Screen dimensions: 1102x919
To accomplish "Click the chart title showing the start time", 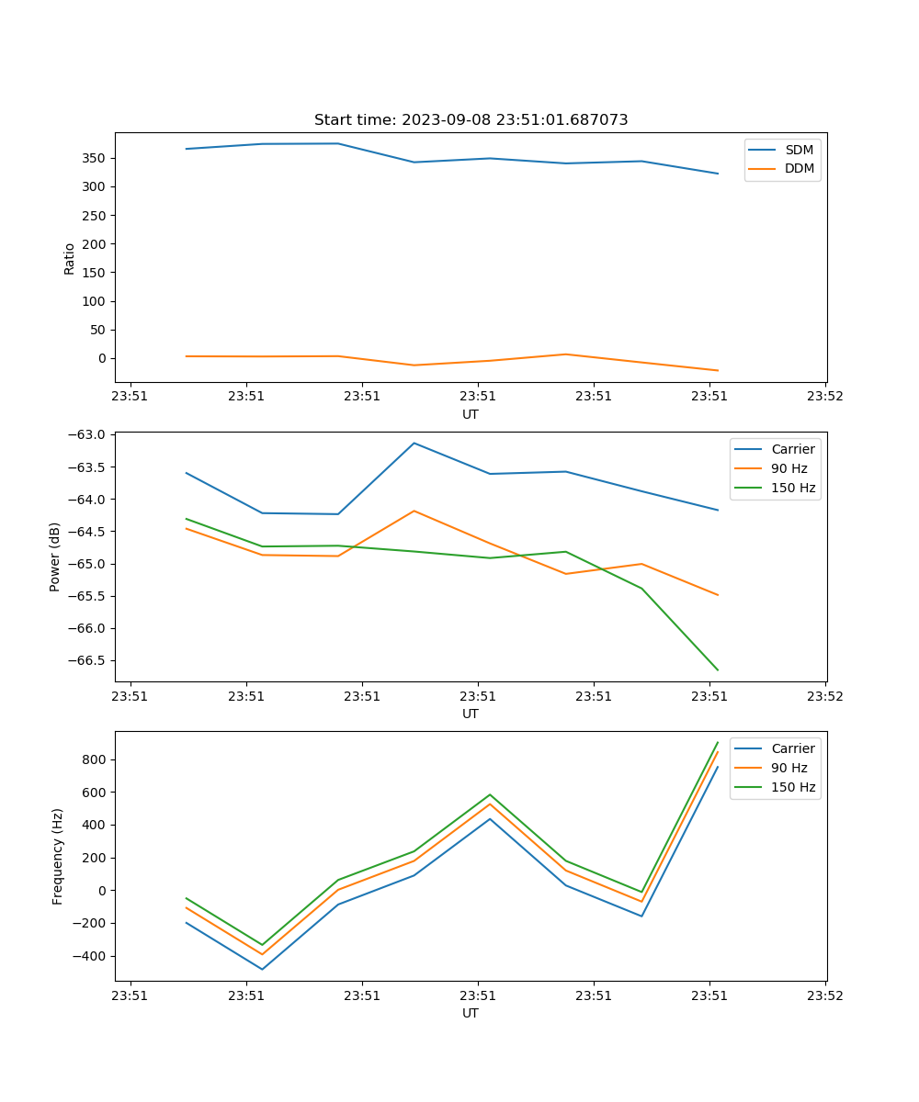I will tap(471, 120).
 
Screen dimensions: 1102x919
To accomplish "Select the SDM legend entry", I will tap(799, 150).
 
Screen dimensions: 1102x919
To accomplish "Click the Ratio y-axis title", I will tap(70, 258).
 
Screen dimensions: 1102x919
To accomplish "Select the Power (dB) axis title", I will tap(56, 557).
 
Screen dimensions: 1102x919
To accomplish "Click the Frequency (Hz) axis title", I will tap(58, 856).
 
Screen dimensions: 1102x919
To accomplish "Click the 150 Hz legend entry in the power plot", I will tap(793, 488).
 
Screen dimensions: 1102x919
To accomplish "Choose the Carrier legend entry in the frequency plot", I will tap(793, 748).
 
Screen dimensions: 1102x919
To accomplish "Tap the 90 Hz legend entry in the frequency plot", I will tap(789, 768).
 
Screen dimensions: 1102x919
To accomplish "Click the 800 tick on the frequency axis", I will tap(96, 759).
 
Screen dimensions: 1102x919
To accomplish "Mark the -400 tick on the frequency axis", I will tap(92, 956).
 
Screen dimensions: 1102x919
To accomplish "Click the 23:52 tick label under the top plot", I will tap(824, 398).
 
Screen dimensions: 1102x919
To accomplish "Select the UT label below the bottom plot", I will tap(471, 1013).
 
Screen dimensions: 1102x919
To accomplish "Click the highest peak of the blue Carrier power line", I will tap(414, 443).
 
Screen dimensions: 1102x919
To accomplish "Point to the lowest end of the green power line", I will tap(718, 670).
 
